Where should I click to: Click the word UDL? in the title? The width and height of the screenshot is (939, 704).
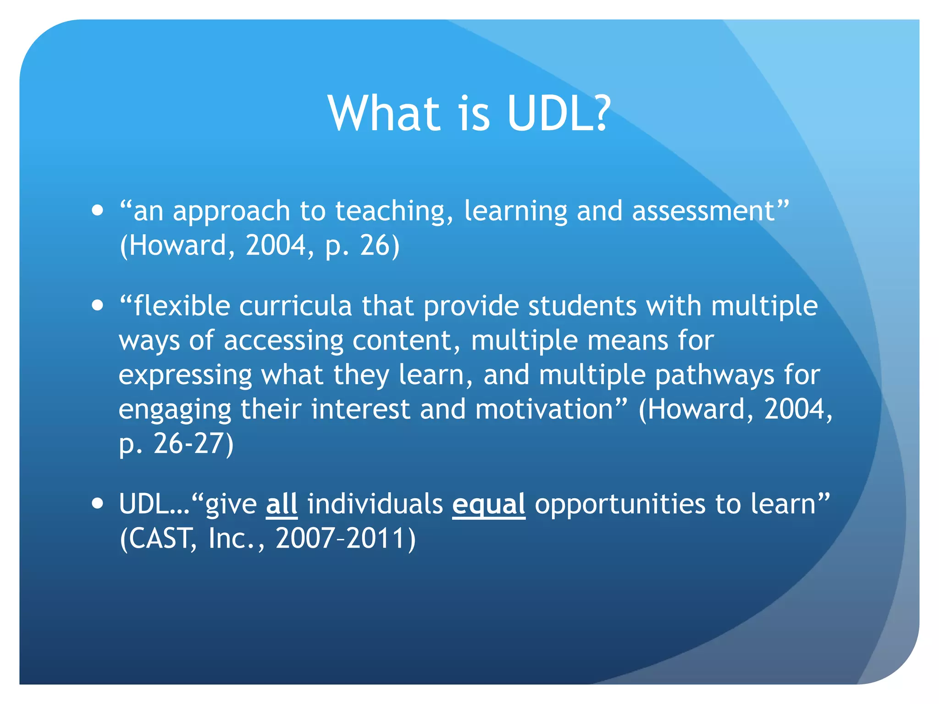pyautogui.click(x=558, y=114)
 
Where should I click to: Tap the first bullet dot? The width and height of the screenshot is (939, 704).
pyautogui.click(x=97, y=210)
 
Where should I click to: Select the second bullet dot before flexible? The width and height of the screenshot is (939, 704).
pyautogui.click(x=97, y=305)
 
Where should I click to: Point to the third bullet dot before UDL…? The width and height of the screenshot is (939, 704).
pyautogui.click(x=97, y=503)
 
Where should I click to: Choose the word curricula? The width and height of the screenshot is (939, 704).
pyautogui.click(x=295, y=306)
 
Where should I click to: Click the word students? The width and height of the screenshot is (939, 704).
pyautogui.click(x=582, y=306)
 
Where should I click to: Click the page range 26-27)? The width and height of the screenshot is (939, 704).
pyautogui.click(x=193, y=444)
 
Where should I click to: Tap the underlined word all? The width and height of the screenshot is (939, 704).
pyautogui.click(x=282, y=504)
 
